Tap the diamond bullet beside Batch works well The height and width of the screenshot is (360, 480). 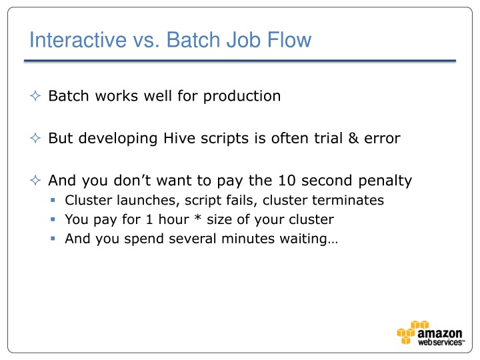(x=36, y=97)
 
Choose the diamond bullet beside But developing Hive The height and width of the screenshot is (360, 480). (x=36, y=139)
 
